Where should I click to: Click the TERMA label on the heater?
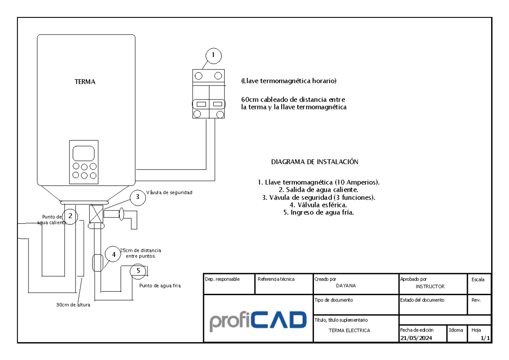pyautogui.click(x=85, y=82)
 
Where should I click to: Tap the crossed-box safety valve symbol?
pyautogui.click(x=96, y=214)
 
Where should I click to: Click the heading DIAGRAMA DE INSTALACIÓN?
pyautogui.click(x=315, y=162)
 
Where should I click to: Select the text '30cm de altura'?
pyautogui.click(x=73, y=305)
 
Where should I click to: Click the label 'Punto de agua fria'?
pyautogui.click(x=160, y=285)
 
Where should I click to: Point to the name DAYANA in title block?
pyautogui.click(x=346, y=285)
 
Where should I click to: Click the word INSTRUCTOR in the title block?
pyautogui.click(x=430, y=286)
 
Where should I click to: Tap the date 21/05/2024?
pyautogui.click(x=416, y=338)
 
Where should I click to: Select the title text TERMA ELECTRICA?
pyautogui.click(x=349, y=330)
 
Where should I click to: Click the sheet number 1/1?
pyautogui.click(x=485, y=338)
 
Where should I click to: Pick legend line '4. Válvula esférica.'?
pyautogui.click(x=318, y=205)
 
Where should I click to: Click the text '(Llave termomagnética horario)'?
pyautogui.click(x=289, y=81)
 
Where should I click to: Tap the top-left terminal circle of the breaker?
pyautogui.click(x=199, y=76)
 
